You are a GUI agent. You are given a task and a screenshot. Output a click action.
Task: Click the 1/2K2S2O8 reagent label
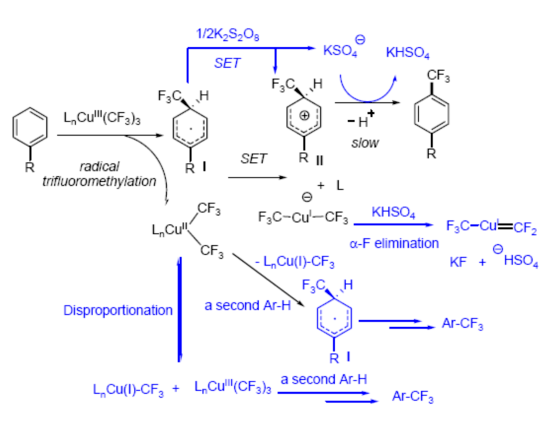click(228, 34)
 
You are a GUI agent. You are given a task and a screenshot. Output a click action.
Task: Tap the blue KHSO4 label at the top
click(408, 54)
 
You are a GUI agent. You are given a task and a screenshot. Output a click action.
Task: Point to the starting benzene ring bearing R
click(28, 132)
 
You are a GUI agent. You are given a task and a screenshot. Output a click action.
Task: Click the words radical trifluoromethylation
click(99, 174)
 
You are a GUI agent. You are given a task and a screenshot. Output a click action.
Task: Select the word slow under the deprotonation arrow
click(366, 143)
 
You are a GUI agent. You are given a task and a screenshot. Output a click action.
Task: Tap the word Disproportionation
click(118, 310)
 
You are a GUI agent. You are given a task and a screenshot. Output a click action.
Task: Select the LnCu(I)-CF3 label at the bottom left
click(129, 389)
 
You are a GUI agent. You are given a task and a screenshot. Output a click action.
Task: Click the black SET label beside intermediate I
click(253, 160)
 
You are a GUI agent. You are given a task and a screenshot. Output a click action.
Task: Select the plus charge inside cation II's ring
click(304, 116)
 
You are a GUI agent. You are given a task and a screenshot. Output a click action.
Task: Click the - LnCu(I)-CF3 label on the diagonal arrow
click(295, 263)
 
